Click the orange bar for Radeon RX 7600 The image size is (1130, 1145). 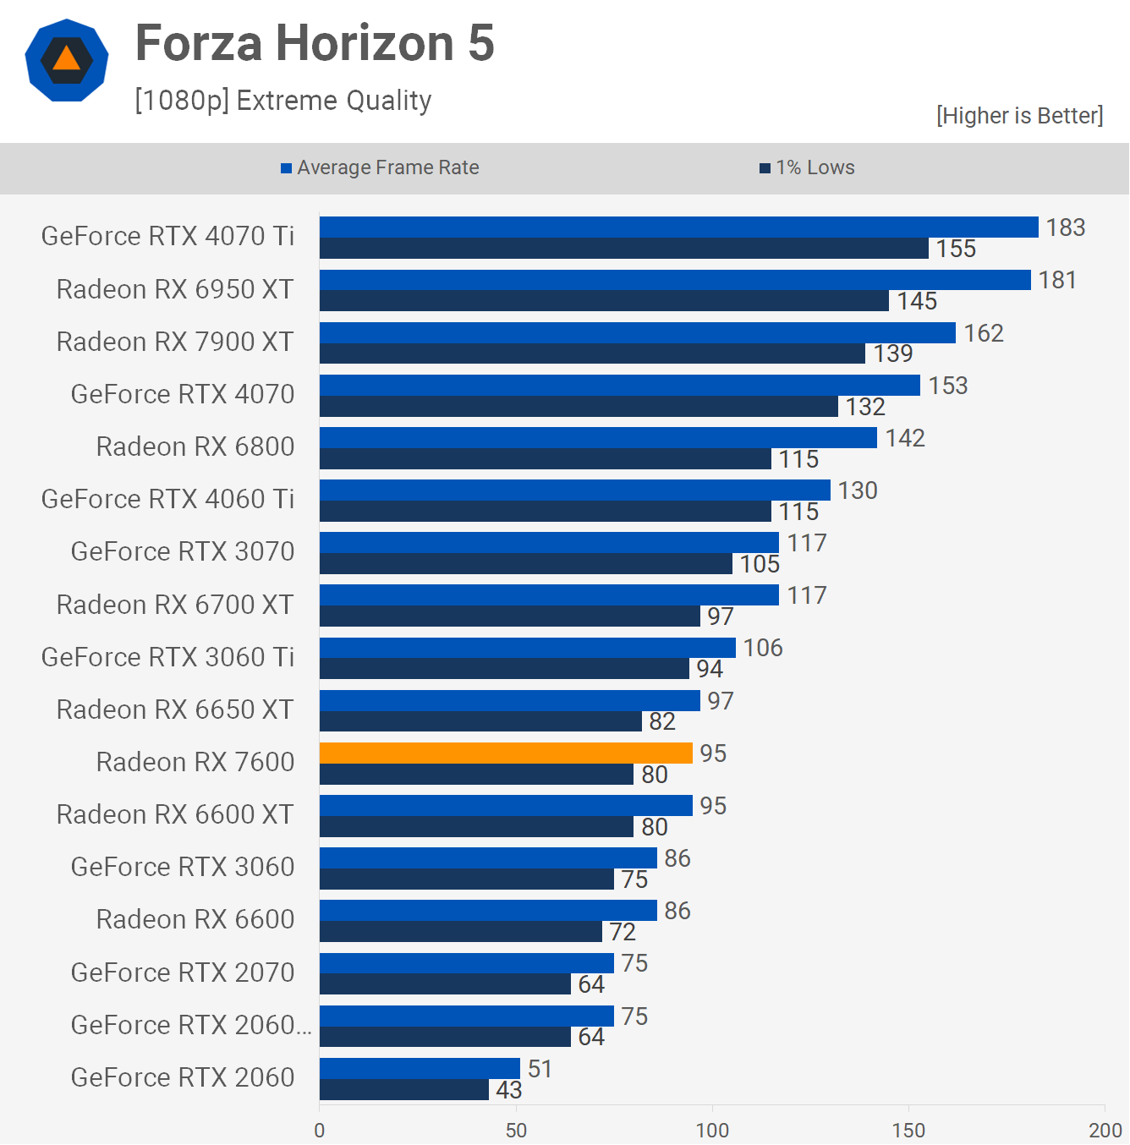tap(506, 753)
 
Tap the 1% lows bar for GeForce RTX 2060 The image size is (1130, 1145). tap(404, 1090)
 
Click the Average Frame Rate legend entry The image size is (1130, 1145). tap(380, 167)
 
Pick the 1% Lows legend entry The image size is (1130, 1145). tap(808, 167)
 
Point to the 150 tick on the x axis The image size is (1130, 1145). tap(908, 1130)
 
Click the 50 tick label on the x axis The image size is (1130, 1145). tap(516, 1130)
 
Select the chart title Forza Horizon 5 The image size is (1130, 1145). tap(315, 43)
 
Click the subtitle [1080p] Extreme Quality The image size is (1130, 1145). tap(283, 101)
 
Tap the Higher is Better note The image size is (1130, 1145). tap(1019, 116)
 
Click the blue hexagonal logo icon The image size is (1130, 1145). tap(67, 60)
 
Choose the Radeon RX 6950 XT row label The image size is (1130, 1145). tap(175, 289)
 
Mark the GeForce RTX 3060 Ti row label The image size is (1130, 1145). tap(167, 657)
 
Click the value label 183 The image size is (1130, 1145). tap(1065, 227)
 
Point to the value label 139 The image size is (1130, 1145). tap(893, 353)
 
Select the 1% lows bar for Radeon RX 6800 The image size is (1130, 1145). tap(546, 459)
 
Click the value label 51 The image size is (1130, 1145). tap(540, 1069)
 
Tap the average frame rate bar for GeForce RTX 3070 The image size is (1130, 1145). tap(549, 542)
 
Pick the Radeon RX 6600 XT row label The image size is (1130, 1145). tap(175, 814)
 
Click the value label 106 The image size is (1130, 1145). tap(763, 648)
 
